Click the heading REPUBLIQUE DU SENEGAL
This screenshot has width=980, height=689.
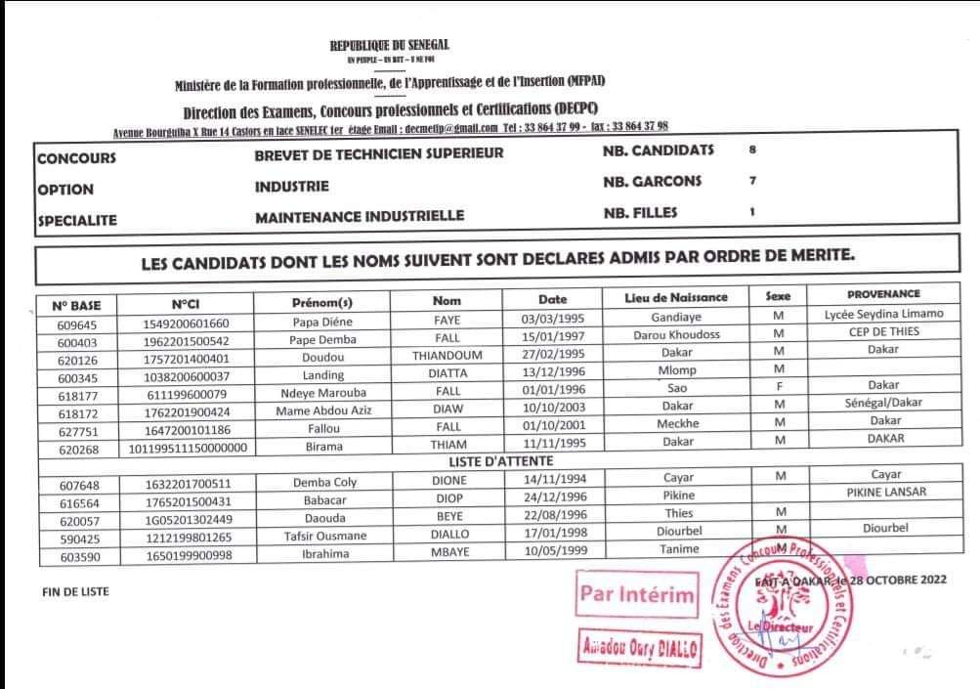pos(389,46)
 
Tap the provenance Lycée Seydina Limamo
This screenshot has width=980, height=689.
pos(883,315)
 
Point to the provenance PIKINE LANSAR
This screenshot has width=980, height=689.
pos(885,492)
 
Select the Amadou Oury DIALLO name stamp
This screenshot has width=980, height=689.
pos(638,646)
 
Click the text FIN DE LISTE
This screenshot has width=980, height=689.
pos(76,592)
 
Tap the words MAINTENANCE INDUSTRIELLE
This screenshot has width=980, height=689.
pos(360,217)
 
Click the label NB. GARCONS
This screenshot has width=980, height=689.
pos(653,182)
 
